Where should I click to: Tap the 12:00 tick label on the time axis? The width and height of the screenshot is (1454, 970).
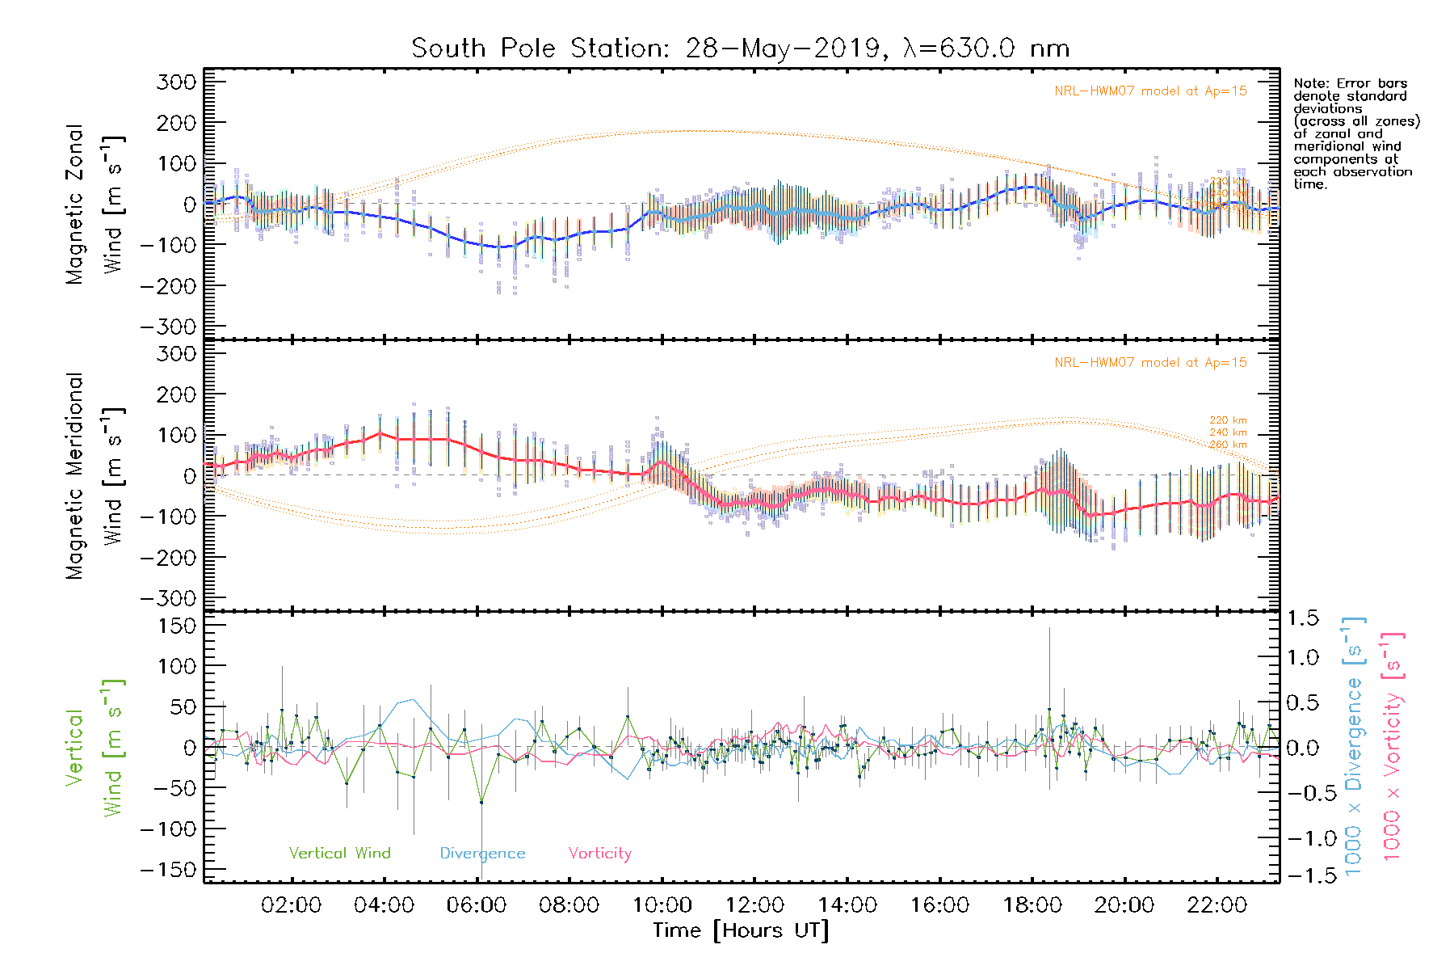754,905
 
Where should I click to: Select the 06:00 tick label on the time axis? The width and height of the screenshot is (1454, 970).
477,905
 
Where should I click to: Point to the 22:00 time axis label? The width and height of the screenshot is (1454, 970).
1217,905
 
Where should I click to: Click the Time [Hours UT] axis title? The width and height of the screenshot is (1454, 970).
741,930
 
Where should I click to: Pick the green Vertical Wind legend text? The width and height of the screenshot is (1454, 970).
339,853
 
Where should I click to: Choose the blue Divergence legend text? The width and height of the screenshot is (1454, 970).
482,853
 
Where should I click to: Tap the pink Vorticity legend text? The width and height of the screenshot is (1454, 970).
599,853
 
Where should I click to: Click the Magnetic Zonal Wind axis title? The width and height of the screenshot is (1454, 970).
95,204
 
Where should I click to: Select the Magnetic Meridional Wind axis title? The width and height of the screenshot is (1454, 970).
95,475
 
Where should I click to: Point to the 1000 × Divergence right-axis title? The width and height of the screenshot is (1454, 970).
1354,745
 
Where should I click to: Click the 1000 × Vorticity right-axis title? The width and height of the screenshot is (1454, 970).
1393,745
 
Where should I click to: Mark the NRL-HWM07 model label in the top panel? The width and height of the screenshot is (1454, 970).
1150,91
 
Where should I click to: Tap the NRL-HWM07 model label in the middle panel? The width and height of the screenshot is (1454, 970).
1150,362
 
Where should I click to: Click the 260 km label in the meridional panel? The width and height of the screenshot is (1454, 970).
1228,445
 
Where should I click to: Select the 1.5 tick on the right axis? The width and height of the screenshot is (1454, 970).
1302,618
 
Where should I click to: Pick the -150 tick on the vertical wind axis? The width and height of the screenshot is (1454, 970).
168,870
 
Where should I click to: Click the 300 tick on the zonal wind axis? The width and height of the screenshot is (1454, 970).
176,82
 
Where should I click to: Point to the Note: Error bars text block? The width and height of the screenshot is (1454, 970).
1355,133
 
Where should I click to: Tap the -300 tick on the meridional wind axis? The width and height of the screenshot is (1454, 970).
168,598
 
